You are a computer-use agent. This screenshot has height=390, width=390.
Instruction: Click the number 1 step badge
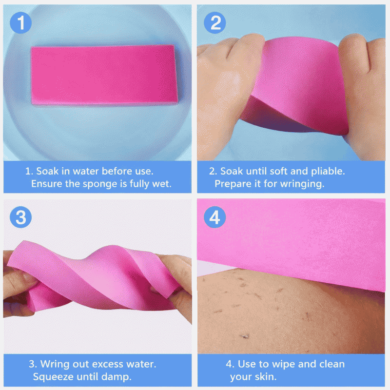[20, 22]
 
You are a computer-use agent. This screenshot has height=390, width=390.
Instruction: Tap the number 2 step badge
[215, 22]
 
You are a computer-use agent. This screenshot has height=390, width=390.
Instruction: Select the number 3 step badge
[20, 217]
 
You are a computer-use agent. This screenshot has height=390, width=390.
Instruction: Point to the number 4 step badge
[215, 217]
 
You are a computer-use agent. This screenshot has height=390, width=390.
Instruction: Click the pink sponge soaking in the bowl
[104, 75]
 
